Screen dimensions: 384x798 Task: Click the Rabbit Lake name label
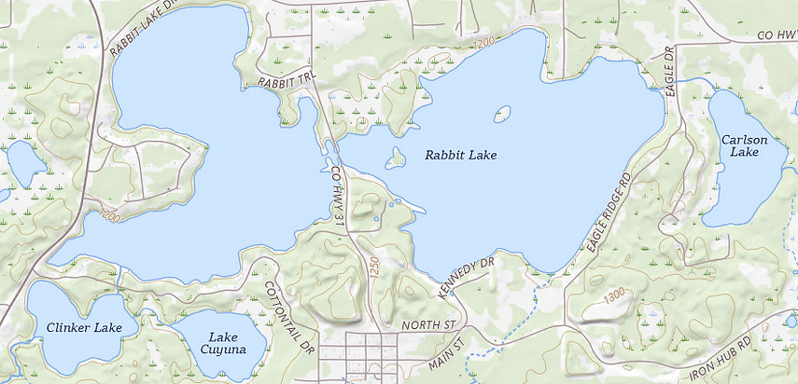tap(461, 155)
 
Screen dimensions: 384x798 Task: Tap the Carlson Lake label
tap(744, 145)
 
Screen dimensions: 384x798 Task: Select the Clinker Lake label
tap(84, 327)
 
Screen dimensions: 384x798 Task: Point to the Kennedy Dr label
tap(466, 278)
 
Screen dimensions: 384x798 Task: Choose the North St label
tap(427, 325)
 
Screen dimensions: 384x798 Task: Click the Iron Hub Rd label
tap(721, 363)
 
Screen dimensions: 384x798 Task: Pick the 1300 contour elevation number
tap(614, 295)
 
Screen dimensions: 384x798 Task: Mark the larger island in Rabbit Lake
tap(396, 160)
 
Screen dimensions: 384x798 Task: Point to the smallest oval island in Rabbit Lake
tap(502, 115)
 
